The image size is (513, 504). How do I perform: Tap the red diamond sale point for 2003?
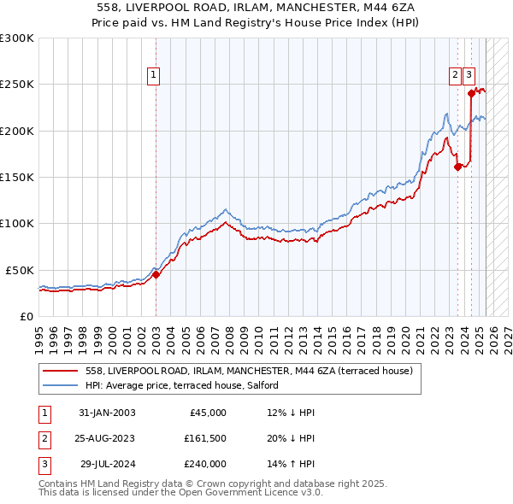[x=156, y=275]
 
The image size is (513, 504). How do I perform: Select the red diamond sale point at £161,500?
[x=457, y=167]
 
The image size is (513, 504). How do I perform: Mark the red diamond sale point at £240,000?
[x=471, y=94]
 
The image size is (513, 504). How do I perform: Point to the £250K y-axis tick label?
[x=17, y=85]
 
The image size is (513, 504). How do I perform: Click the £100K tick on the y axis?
[x=17, y=223]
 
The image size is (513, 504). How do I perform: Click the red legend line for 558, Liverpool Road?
[x=60, y=371]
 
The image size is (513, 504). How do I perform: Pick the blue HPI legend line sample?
[x=60, y=385]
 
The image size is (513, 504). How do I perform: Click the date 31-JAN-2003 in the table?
[x=106, y=413]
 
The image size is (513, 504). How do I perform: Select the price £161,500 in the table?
[x=205, y=438]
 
